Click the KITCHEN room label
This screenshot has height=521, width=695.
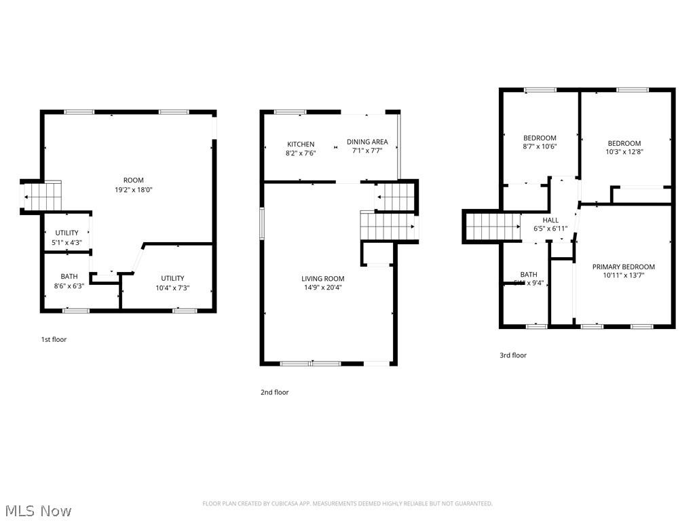[x=301, y=144]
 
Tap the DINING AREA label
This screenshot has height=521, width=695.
[x=367, y=142]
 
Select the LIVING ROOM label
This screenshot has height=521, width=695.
[x=322, y=279]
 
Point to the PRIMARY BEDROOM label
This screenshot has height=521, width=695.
[x=623, y=267]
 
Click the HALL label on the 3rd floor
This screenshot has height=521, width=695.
[x=550, y=220]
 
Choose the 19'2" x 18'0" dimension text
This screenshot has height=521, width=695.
[x=134, y=190]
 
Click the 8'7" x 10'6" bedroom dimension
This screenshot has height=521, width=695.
[x=540, y=146]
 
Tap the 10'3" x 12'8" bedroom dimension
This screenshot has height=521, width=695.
[x=624, y=152]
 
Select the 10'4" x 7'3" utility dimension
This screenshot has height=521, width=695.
[x=172, y=288]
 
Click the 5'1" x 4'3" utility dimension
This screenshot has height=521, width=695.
[x=67, y=242]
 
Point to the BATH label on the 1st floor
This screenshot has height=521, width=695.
[x=69, y=276]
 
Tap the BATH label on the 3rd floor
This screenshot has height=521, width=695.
[x=529, y=274]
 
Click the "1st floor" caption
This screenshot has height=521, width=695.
[x=54, y=339]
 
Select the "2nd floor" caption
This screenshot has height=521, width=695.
[x=275, y=392]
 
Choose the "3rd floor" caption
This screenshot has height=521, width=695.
[x=513, y=355]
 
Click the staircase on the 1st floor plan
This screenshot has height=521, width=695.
[x=43, y=197]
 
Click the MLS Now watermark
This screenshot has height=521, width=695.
[x=37, y=510]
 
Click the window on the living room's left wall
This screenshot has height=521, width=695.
[x=262, y=223]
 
